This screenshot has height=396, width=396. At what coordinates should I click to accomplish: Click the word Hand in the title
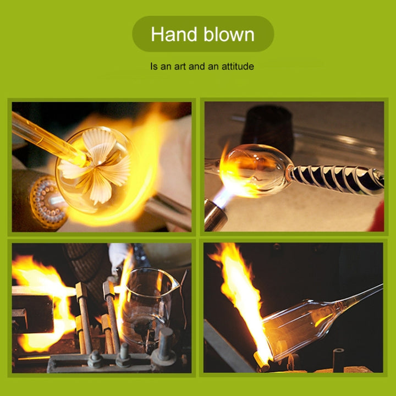click(174, 34)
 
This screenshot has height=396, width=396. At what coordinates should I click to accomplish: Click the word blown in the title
click(229, 34)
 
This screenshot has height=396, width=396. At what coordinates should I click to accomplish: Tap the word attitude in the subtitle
click(238, 66)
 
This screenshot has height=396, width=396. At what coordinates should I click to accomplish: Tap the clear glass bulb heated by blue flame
click(255, 169)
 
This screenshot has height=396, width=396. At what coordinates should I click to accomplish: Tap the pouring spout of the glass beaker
click(174, 281)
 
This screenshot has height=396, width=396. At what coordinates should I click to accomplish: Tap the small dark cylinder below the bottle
click(338, 360)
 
